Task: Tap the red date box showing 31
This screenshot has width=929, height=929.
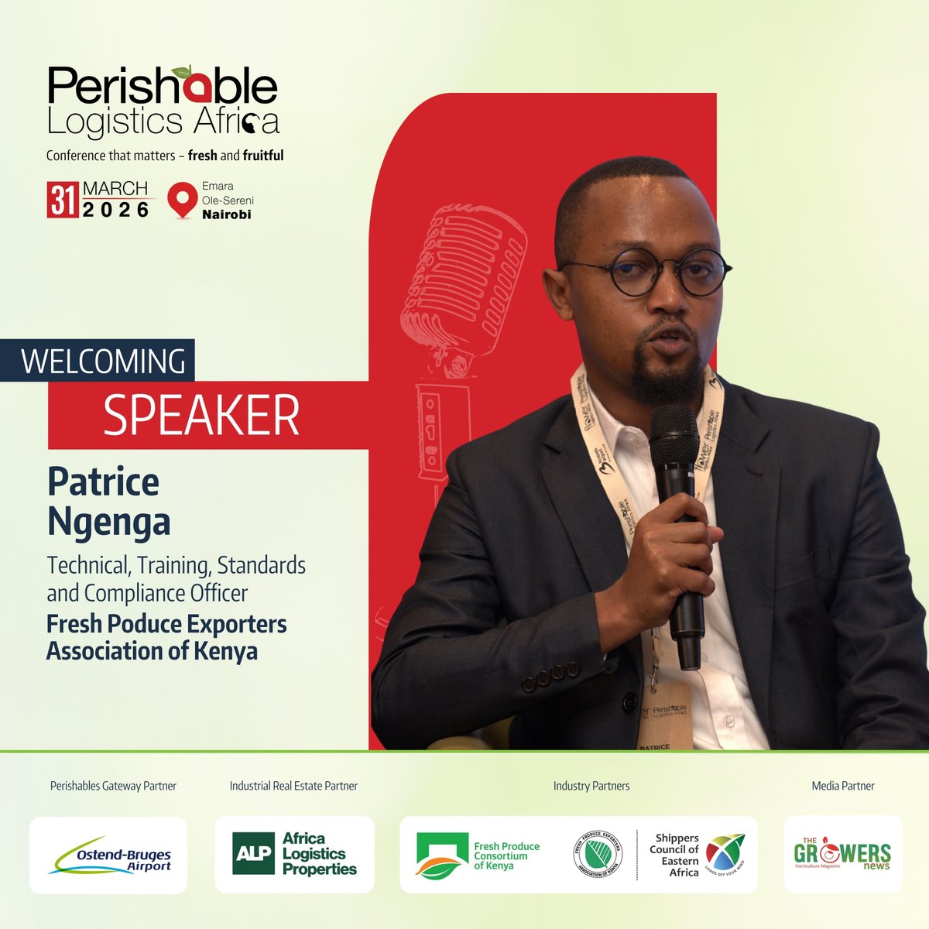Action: pyautogui.click(x=62, y=200)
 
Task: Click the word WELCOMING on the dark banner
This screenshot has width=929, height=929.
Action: pyautogui.click(x=104, y=362)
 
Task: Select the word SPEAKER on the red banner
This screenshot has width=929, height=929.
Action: pyautogui.click(x=201, y=415)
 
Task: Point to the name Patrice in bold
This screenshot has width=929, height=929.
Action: pyautogui.click(x=103, y=482)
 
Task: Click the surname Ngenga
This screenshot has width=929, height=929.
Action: pyautogui.click(x=108, y=521)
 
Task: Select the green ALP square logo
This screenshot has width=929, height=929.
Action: pyautogui.click(x=253, y=854)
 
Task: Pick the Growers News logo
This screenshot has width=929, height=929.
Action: pyautogui.click(x=842, y=855)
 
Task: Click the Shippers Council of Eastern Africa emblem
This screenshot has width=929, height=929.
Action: pyautogui.click(x=725, y=855)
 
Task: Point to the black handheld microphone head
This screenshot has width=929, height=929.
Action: pyautogui.click(x=674, y=434)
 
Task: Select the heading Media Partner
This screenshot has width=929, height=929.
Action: pyautogui.click(x=843, y=786)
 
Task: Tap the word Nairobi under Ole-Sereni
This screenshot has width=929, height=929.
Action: pyautogui.click(x=227, y=214)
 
